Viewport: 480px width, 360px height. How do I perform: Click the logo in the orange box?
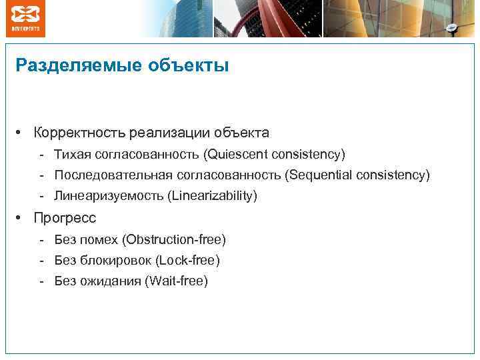tap(25, 18)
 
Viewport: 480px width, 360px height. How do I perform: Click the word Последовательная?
tap(113, 175)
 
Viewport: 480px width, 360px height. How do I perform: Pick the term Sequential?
tap(318, 175)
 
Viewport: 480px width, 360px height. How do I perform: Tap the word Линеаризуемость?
tap(109, 196)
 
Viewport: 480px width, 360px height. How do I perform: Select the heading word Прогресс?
tap(65, 218)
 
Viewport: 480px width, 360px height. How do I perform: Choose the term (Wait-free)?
tap(176, 281)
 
